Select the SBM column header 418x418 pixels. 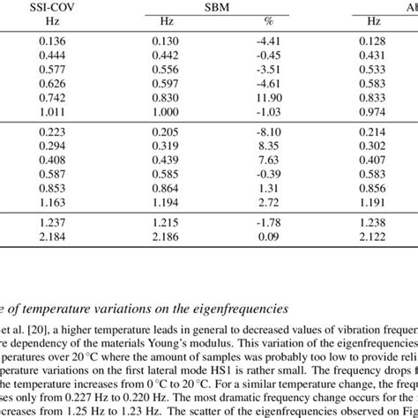206,8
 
